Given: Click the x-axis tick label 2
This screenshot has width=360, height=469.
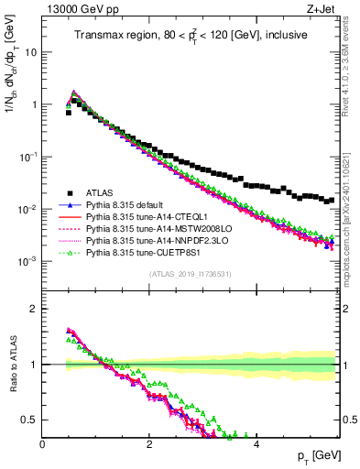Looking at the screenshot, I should tap(149, 443).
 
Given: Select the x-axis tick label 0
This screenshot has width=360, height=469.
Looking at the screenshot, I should tap(43, 443).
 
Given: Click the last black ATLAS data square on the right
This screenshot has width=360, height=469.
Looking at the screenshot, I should tap(333, 199).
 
